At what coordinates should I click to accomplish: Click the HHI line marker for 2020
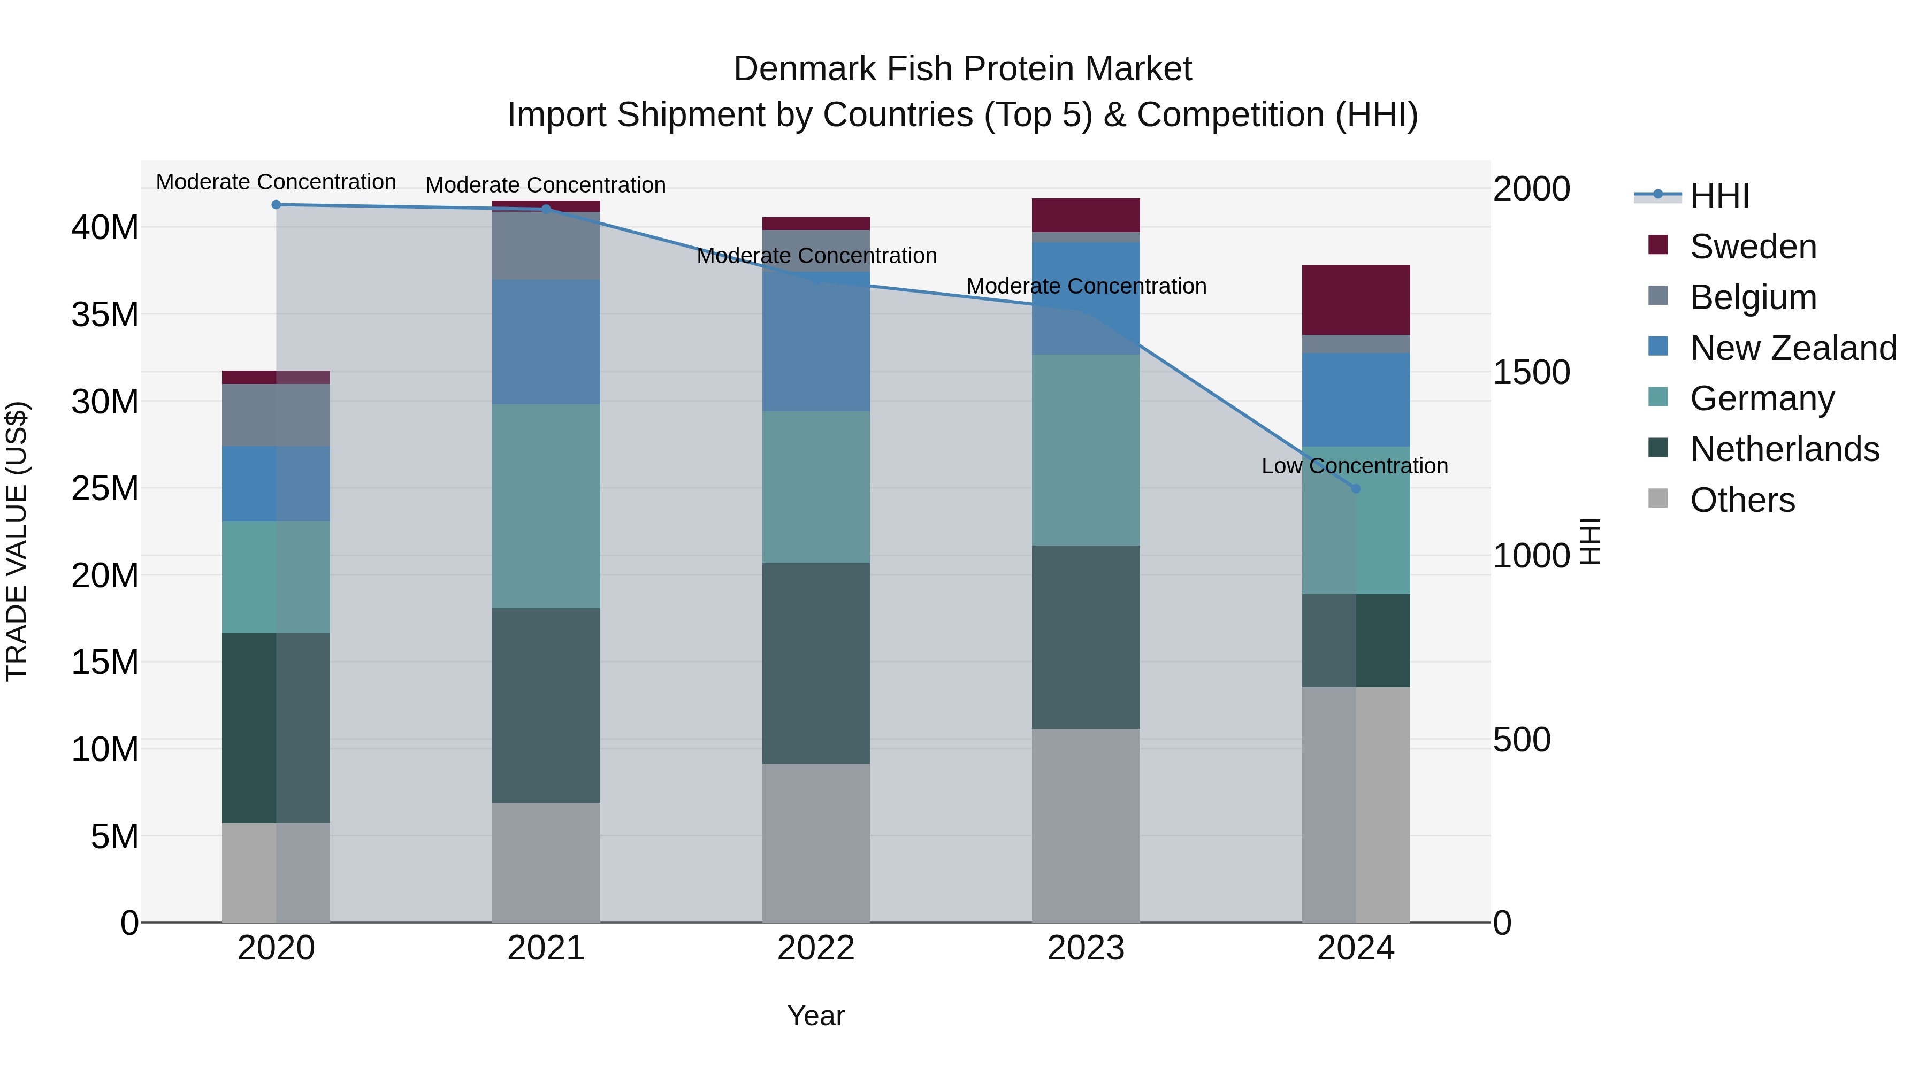coord(276,204)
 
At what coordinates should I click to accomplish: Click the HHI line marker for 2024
coord(1356,488)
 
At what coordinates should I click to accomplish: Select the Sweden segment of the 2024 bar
coord(1356,299)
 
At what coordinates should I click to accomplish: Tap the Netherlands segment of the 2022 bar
coord(816,663)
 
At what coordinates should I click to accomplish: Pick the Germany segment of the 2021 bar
coord(546,506)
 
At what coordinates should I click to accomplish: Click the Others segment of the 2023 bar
coord(1086,825)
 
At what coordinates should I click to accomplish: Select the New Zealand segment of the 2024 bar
coord(1356,400)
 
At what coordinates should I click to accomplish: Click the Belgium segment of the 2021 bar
coord(546,246)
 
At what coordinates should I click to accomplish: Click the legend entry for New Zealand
coord(1793,348)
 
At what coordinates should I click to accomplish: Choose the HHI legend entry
coord(1719,196)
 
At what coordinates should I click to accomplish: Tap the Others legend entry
coord(1742,500)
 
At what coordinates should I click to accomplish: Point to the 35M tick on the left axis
coord(105,314)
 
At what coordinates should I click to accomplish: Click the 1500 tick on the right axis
coord(1531,372)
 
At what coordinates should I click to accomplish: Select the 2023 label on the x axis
coord(1086,948)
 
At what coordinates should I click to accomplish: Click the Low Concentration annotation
coord(1354,466)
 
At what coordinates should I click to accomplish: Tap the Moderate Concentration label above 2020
coord(276,182)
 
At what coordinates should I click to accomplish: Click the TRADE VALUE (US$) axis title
coord(17,541)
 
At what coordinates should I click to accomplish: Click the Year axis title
coord(816,1016)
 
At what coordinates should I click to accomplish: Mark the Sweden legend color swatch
coord(1657,245)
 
